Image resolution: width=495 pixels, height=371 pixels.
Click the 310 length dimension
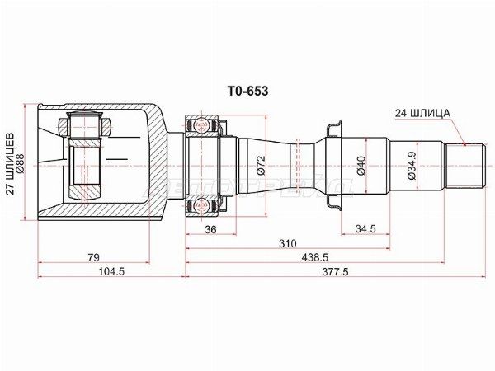coord(287,245)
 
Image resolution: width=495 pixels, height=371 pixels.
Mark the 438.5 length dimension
coord(311,258)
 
